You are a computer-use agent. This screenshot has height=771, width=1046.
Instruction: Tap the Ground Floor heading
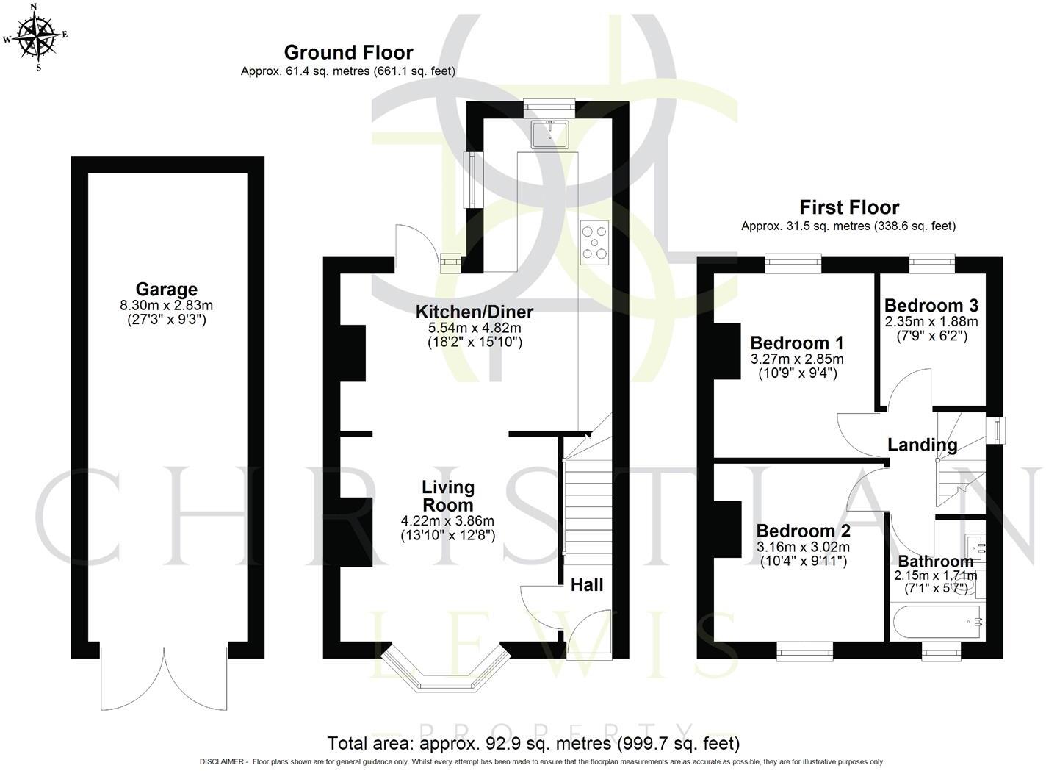point(348,52)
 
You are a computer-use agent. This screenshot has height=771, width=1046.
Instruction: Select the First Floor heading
point(848,207)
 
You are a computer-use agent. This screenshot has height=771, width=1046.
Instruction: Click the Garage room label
point(166,290)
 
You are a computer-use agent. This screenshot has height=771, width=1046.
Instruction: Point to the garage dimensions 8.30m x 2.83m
point(166,305)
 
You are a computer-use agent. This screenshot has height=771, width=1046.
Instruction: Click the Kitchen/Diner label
point(475,311)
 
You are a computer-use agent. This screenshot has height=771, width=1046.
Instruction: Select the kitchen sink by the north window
point(549,135)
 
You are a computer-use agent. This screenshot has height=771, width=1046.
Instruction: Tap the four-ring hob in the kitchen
point(595,242)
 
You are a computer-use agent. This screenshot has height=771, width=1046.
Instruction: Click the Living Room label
point(447,496)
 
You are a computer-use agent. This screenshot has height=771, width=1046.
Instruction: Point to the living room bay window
point(446,670)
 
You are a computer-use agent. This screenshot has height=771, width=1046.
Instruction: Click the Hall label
point(587,584)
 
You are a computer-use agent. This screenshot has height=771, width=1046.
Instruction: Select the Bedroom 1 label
point(796,343)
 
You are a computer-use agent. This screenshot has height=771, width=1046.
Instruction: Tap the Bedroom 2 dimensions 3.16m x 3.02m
point(802,547)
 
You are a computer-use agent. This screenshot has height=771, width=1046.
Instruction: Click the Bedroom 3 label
point(931,305)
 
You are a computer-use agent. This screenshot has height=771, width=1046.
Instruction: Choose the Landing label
point(922,445)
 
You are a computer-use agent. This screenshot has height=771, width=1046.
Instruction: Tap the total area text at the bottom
point(533,743)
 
